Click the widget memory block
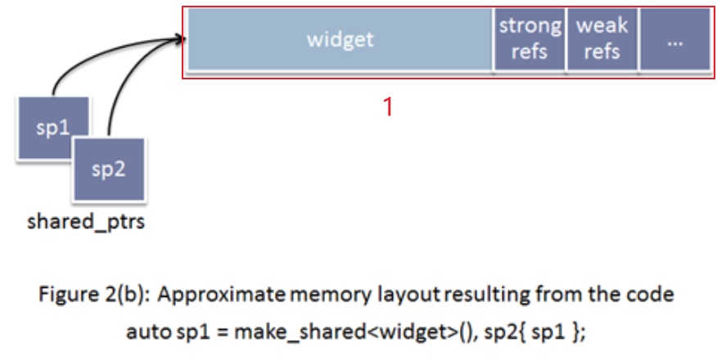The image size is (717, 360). (340, 40)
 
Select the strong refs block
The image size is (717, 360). (530, 40)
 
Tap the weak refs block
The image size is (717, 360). (602, 40)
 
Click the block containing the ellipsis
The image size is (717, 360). (674, 40)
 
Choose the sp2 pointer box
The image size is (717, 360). (109, 170)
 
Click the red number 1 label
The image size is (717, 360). (389, 106)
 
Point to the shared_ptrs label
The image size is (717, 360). (86, 222)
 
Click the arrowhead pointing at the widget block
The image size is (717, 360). (177, 37)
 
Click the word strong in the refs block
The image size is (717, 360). (530, 26)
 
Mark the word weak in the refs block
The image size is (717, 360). (602, 26)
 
